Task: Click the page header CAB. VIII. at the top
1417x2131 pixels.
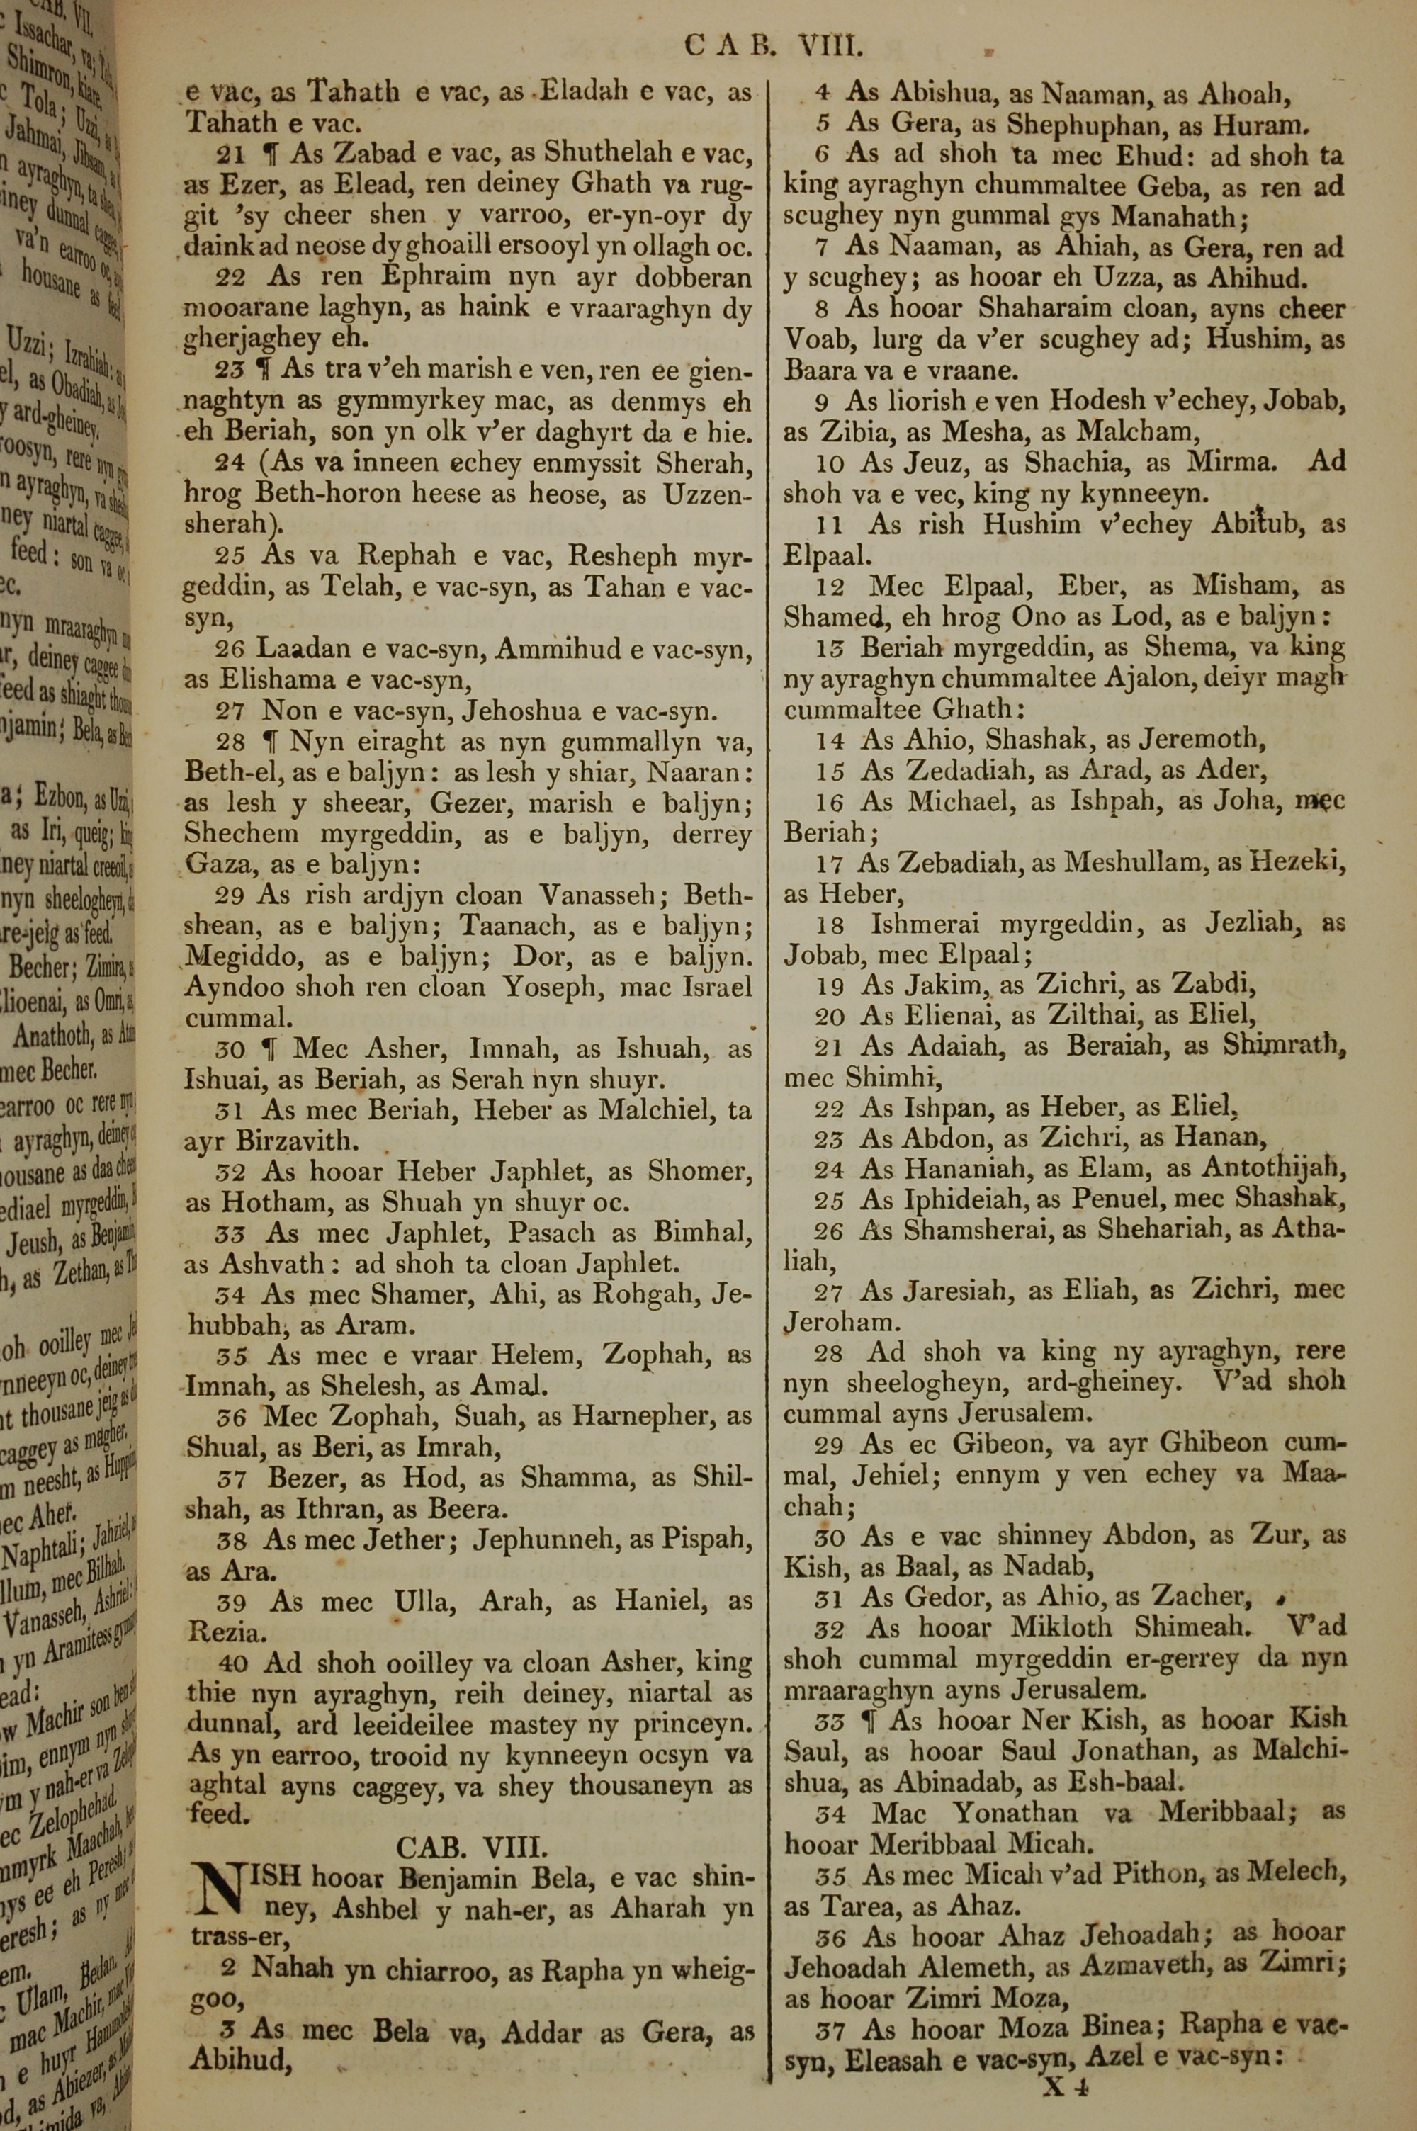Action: pyautogui.click(x=774, y=46)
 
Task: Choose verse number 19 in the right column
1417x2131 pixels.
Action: pyautogui.click(x=830, y=986)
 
